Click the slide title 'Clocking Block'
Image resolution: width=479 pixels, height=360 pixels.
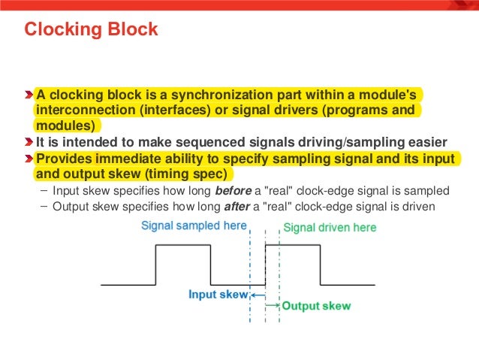(91, 30)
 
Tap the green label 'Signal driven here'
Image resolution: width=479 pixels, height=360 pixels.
(330, 227)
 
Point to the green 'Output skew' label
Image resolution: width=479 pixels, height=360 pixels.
(315, 306)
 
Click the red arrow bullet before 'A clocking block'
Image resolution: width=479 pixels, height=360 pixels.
(29, 95)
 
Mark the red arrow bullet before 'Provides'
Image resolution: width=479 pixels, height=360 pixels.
(29, 159)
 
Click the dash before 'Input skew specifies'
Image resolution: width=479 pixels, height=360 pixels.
(44, 190)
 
